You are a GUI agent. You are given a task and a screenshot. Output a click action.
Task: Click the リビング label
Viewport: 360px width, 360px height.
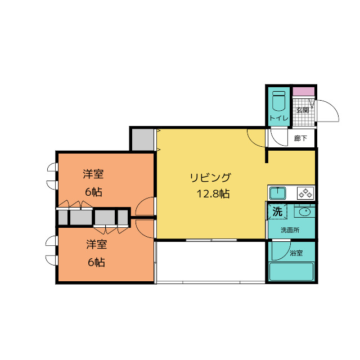pos(210,178)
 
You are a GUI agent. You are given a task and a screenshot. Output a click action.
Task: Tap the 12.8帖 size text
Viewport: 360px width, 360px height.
pos(213,194)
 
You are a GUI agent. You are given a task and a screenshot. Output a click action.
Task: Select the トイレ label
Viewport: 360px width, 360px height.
pos(279,118)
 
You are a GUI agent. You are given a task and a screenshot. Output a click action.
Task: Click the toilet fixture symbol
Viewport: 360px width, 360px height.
pos(279,101)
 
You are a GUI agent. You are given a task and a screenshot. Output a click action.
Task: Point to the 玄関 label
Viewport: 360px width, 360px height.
pos(303,110)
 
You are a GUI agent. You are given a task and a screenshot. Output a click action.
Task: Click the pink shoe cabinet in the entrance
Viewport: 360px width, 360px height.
pos(304,91)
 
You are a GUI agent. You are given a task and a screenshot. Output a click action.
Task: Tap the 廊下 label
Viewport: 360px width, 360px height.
pos(300,138)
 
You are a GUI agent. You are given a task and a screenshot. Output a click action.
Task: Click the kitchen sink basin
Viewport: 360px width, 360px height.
pos(278,193)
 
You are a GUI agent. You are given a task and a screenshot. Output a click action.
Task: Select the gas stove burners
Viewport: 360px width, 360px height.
pos(305,193)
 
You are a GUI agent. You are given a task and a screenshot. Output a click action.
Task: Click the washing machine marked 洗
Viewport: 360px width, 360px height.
pos(277,211)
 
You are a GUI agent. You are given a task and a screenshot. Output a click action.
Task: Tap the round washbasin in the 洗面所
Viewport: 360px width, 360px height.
pos(304,210)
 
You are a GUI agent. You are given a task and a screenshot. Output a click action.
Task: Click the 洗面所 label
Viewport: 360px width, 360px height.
pos(290,230)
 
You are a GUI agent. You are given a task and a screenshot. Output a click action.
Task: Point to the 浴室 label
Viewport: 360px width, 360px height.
pos(296,253)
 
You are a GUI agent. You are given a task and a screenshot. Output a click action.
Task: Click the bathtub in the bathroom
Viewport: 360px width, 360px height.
pos(291,272)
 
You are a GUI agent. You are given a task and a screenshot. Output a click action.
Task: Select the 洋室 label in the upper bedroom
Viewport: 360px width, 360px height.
pos(93,174)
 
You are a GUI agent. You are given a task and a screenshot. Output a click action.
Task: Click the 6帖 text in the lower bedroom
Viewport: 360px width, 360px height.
pos(96,262)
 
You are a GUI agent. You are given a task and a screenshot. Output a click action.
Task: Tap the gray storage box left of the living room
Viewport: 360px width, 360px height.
pos(143,139)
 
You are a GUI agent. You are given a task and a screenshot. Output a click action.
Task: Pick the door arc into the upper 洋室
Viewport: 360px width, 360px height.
pos(141,201)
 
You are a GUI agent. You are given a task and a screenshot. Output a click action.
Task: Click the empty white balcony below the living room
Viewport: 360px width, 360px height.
pos(211,261)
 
